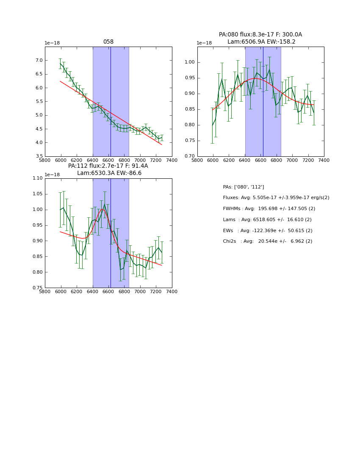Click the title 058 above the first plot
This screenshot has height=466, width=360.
coord(108,42)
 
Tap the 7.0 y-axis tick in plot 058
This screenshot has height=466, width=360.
coord(39,61)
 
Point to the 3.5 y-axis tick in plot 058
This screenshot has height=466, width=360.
coord(39,156)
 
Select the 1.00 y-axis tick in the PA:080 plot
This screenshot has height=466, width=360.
coord(190,62)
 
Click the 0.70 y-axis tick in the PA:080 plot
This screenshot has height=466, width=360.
coord(190,156)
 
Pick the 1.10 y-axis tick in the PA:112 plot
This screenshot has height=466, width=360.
coord(37,178)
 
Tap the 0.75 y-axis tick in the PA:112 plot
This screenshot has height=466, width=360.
coord(37,288)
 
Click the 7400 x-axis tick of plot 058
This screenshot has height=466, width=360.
coord(172,160)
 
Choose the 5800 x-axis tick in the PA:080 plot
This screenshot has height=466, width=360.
coord(197,160)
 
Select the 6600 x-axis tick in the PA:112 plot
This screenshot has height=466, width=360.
coord(108,292)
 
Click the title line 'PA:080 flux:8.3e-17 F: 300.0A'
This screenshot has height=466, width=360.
coord(260,35)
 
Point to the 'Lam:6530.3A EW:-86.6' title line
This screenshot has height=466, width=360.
coord(109,173)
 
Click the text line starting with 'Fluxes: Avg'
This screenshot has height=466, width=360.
coord(276,198)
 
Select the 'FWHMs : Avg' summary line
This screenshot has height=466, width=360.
coord(269,209)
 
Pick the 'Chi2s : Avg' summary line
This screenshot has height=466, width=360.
coord(268,241)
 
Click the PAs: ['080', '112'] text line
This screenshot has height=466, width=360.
coord(244,187)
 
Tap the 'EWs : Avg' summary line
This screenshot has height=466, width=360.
coord(268,230)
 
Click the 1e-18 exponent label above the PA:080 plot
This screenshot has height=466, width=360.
coord(204,43)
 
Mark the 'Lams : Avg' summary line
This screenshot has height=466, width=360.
coord(267,220)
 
